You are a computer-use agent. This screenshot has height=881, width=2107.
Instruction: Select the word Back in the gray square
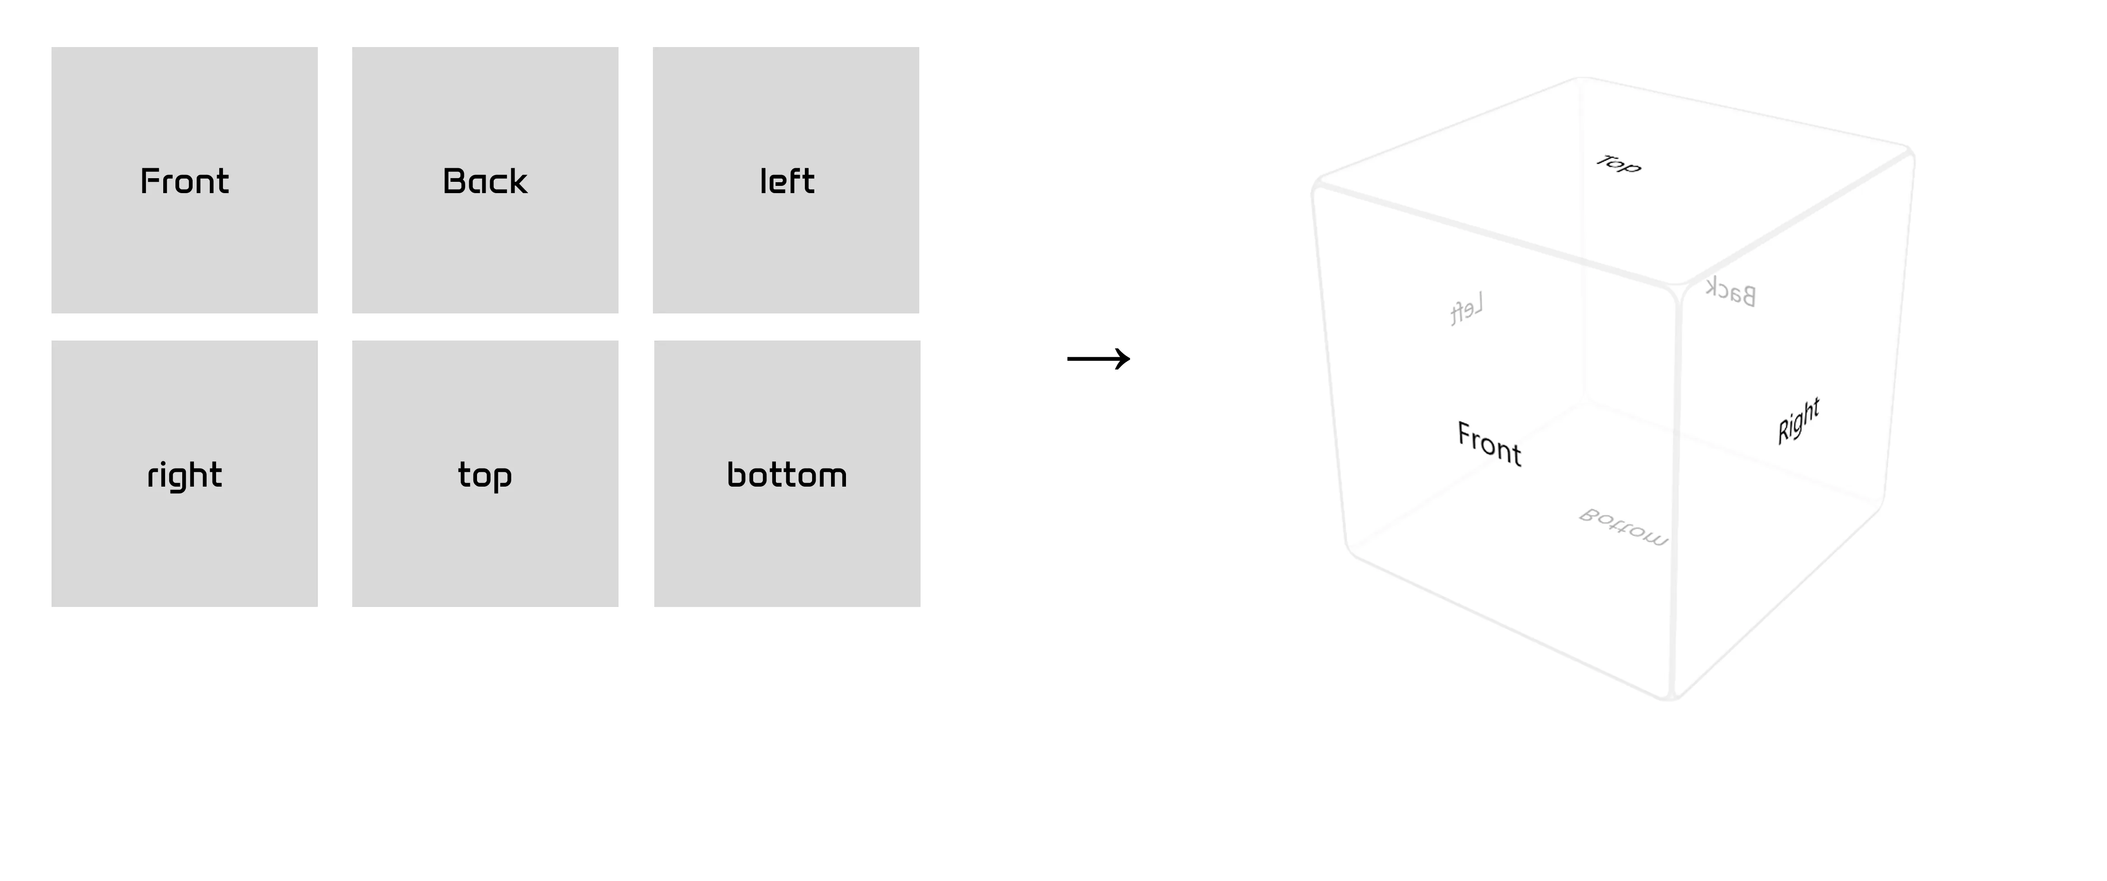[x=485, y=181]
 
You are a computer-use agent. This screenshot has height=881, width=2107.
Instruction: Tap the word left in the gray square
[x=786, y=181]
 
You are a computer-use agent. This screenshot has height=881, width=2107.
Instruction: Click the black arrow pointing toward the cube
[x=1098, y=358]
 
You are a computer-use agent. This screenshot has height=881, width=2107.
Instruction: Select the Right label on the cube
[x=1798, y=421]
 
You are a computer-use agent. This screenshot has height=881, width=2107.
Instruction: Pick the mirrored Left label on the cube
[x=1467, y=309]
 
